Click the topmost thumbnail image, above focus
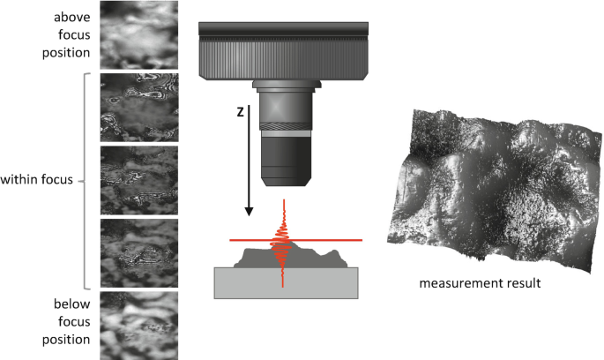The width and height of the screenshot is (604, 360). (138, 34)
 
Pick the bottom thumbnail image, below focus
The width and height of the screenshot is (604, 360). (138, 324)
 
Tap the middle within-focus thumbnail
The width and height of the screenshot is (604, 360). (138, 179)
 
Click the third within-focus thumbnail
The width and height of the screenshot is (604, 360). (138, 252)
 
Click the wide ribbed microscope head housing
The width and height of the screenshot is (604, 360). (278, 50)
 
